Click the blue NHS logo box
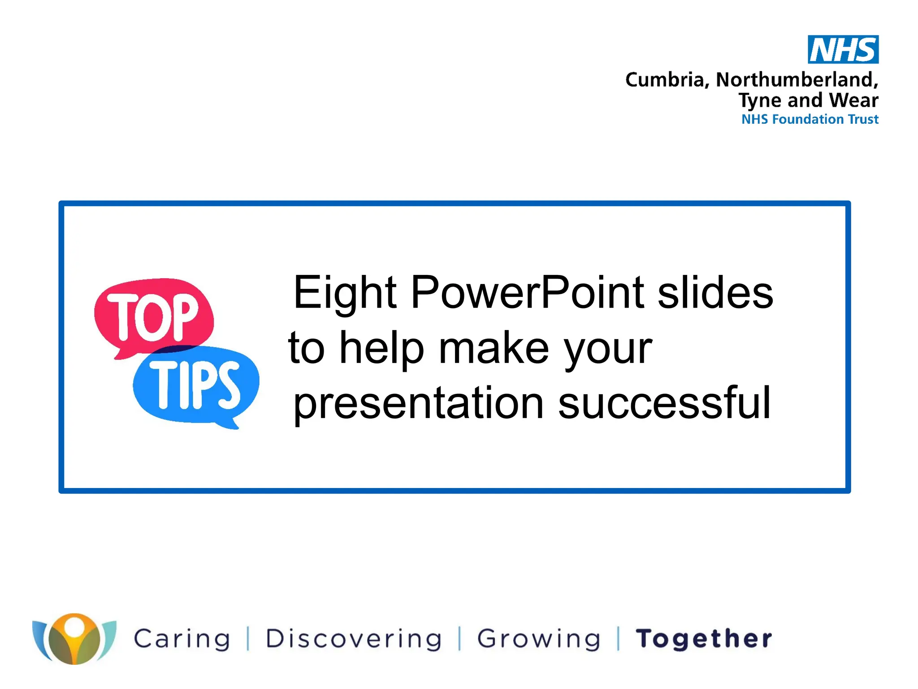843,49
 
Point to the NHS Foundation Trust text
810,119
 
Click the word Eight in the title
345,292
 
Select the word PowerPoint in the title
528,292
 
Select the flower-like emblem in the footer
74,639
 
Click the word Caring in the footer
182,639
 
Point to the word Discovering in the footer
354,639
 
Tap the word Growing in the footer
538,639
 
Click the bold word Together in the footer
704,639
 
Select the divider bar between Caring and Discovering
248,639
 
